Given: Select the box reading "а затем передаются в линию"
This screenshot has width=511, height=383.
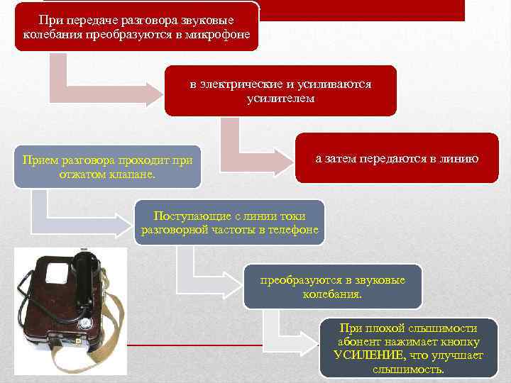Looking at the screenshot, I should tap(397, 158).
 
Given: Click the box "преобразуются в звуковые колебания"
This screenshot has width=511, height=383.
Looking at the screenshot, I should tap(332, 287).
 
